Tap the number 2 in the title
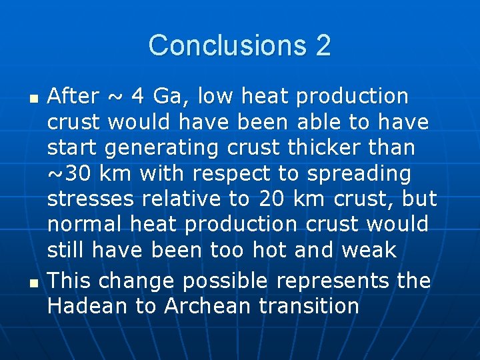[323, 45]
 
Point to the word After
[73, 97]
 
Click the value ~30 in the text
[71, 173]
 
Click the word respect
[233, 173]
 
